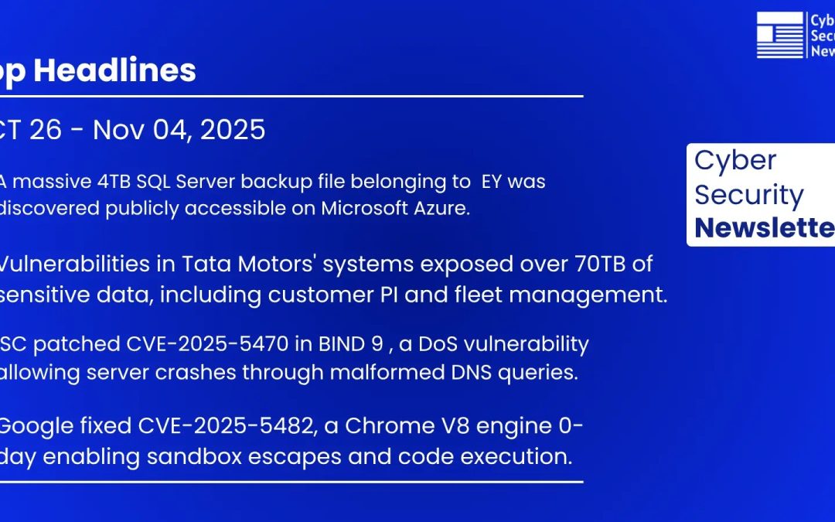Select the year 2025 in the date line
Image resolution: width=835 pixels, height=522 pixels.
[x=232, y=130]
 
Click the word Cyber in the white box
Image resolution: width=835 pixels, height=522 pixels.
[x=724, y=160]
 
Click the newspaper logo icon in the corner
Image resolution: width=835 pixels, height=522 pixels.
[x=779, y=35]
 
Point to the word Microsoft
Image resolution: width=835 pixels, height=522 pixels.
[x=367, y=209]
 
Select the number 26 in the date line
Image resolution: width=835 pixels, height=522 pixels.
[x=46, y=130]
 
